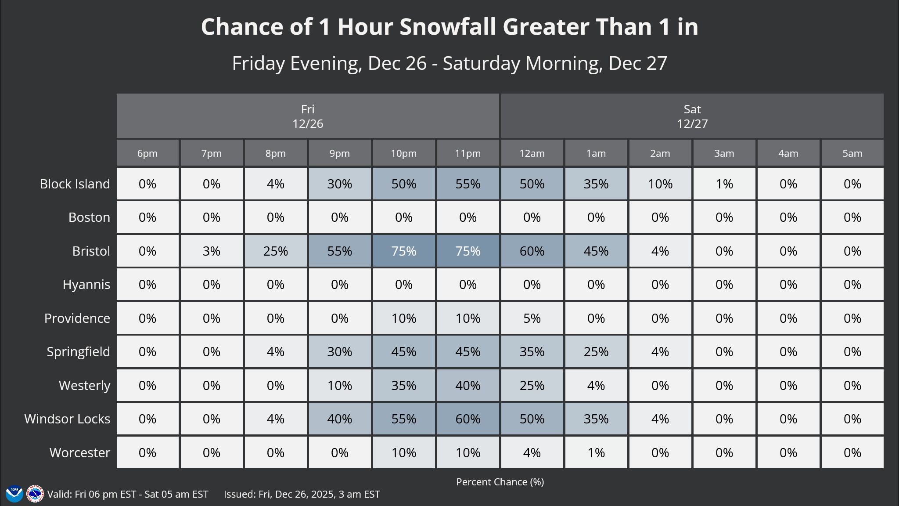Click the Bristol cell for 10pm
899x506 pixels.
tap(403, 251)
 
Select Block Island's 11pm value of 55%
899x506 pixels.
tap(467, 184)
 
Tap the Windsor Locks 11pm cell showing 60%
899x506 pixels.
tap(467, 419)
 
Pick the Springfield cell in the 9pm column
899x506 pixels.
tap(339, 351)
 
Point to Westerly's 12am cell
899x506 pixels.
tap(532, 385)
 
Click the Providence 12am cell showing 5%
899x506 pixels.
tap(532, 318)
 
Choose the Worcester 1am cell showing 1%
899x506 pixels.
tap(596, 452)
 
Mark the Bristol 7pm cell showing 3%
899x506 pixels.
tap(211, 251)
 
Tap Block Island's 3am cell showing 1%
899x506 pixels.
tap(724, 184)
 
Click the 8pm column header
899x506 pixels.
tap(275, 153)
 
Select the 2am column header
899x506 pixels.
tap(660, 153)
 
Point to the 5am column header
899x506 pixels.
tap(852, 153)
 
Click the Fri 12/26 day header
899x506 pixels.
tap(308, 116)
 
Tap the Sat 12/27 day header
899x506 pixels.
tap(692, 116)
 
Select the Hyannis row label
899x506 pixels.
tap(86, 285)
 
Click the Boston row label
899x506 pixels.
tap(89, 217)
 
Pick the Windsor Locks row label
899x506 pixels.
tap(67, 419)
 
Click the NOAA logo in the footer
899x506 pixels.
tap(14, 494)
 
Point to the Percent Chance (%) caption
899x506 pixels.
tap(500, 482)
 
